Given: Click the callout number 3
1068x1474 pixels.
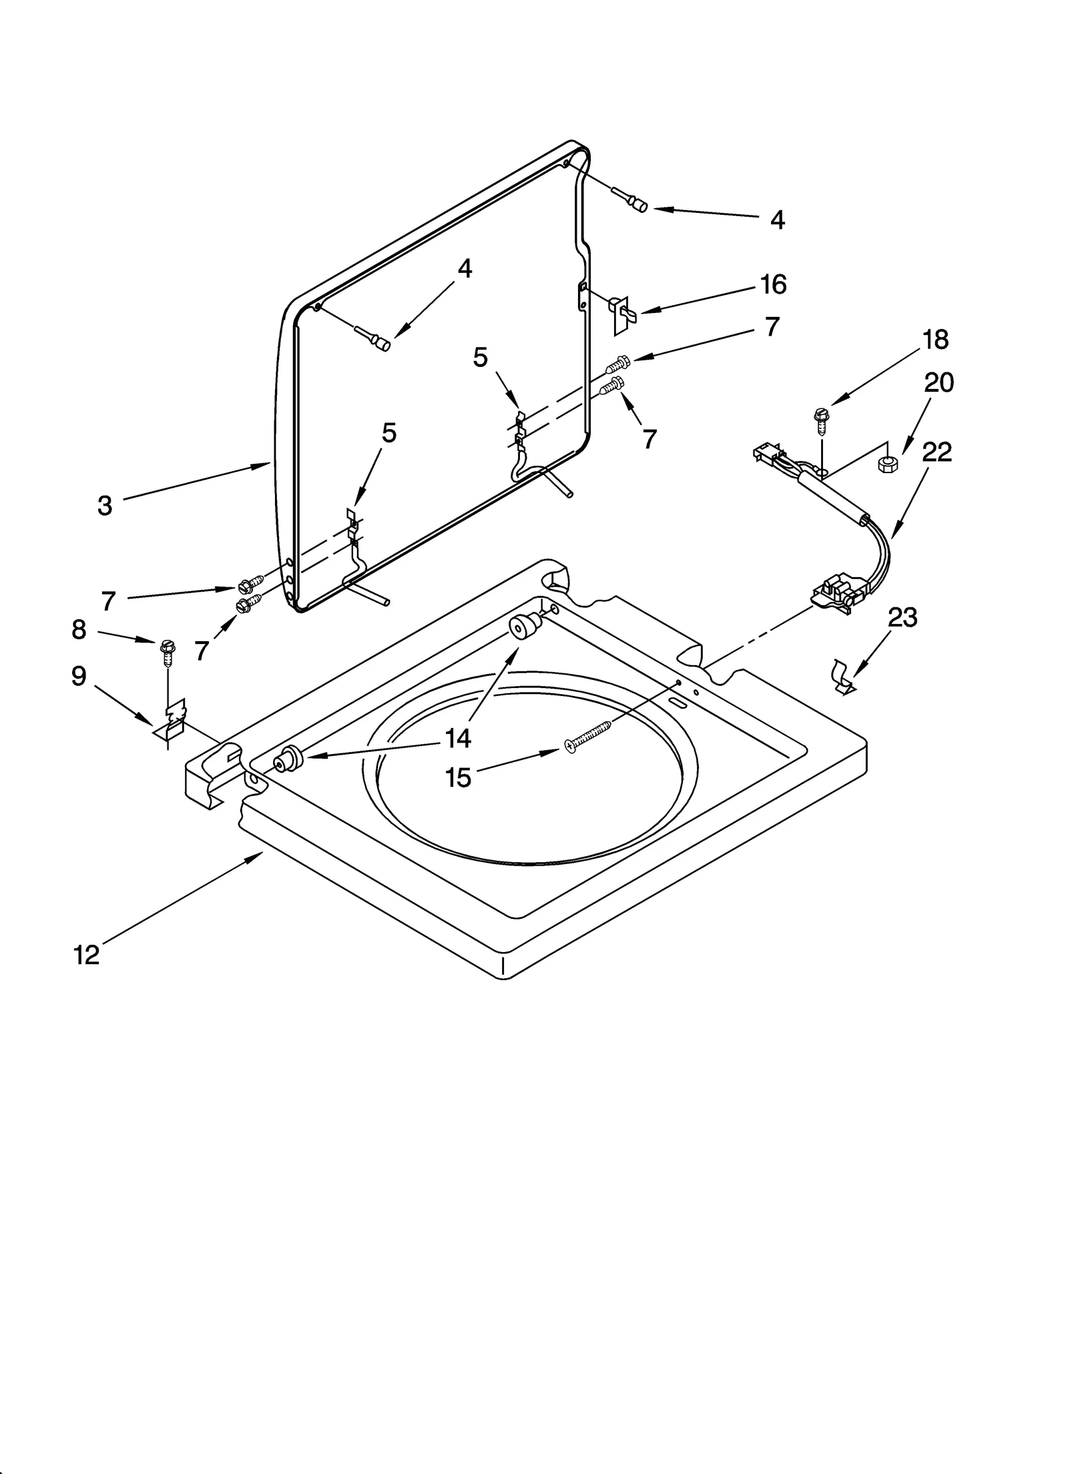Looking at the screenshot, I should [x=104, y=506].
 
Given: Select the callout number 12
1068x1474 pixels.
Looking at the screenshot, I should [x=87, y=955].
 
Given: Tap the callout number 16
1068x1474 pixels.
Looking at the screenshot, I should [x=774, y=285].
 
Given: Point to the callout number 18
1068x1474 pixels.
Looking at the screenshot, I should [x=936, y=340].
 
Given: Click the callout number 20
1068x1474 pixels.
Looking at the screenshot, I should [x=939, y=383].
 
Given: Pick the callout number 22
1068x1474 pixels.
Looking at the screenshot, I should [x=937, y=452].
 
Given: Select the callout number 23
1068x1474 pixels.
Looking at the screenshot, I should [x=902, y=617].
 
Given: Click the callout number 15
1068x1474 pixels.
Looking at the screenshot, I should [x=458, y=777].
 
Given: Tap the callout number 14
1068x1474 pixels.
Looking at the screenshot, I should [x=458, y=738].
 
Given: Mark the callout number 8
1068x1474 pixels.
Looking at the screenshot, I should [x=79, y=629].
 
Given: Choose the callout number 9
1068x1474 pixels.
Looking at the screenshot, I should [x=79, y=677].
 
